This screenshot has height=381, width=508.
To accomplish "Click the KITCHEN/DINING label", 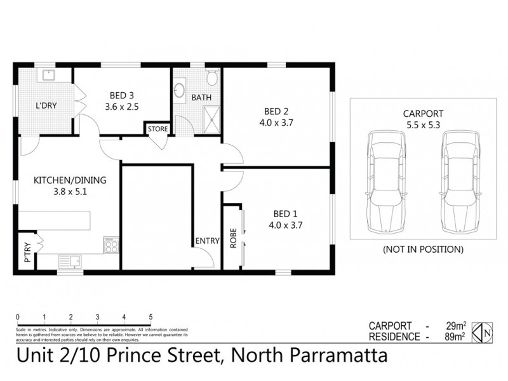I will pos(70,180).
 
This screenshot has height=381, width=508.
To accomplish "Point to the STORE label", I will pos(157,129).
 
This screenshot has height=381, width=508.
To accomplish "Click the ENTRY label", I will pos(207,241).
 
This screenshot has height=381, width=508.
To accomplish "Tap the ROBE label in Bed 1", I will pos(233,237).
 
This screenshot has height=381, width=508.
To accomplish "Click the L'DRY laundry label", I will pos(46,105).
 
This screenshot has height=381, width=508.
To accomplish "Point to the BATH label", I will pos(201,98).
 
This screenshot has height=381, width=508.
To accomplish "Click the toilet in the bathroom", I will pos(211,78).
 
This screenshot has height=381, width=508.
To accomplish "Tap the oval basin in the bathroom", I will pos(180,89).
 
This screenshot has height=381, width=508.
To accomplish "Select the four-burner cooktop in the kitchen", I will pos(111,244).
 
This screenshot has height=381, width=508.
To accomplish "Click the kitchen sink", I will pos(70,260).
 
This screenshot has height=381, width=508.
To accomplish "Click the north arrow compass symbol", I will pos(486,331).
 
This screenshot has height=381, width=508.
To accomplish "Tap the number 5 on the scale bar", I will pos(150,316).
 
